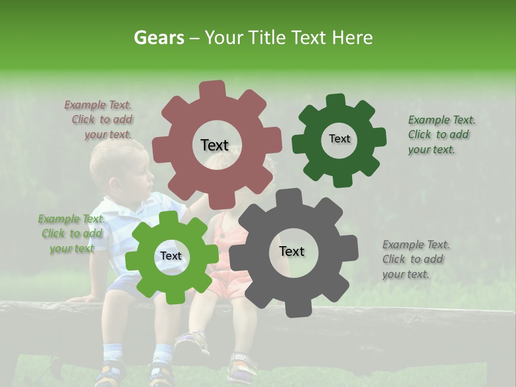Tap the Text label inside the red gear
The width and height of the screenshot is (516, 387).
(214, 145)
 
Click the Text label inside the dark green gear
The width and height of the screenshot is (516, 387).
(339, 139)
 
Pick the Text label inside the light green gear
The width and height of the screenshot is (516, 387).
(170, 256)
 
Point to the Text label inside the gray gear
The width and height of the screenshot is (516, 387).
(291, 251)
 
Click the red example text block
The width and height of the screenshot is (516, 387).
(99, 120)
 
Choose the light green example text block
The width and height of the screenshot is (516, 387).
(71, 234)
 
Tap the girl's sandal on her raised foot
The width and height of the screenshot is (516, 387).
(191, 341)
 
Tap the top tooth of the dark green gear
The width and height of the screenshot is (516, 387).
(335, 101)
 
